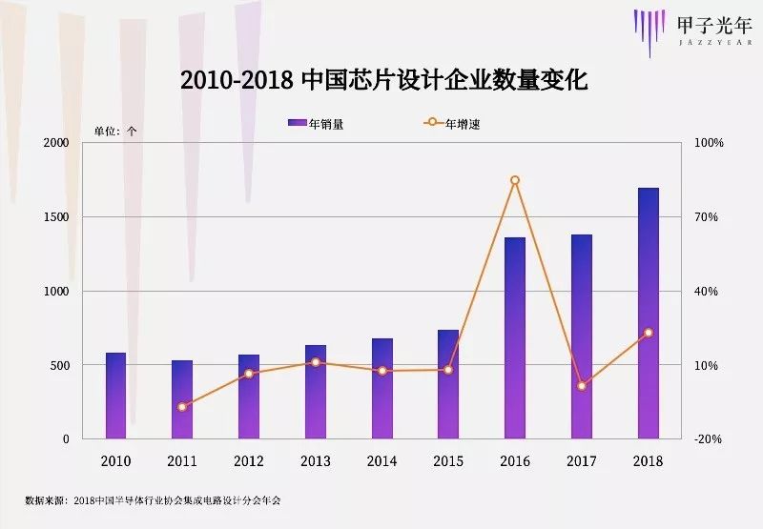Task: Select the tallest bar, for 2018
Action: (x=649, y=314)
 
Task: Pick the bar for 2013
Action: (x=316, y=392)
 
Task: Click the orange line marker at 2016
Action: (x=515, y=180)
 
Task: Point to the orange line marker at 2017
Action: (x=582, y=386)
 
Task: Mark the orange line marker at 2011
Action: (x=182, y=407)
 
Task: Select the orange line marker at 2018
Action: (x=649, y=333)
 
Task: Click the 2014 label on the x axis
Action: (x=382, y=461)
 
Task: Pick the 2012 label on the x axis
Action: (x=249, y=461)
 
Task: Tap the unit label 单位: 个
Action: (x=115, y=132)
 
